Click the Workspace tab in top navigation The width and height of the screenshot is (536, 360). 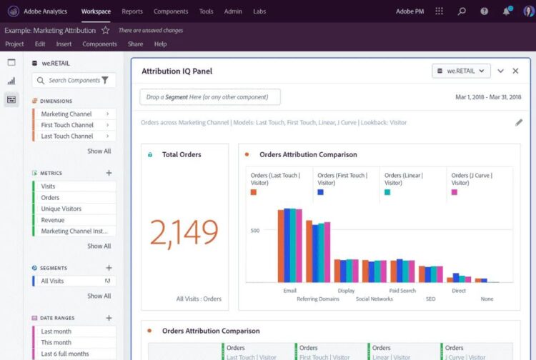(x=96, y=11)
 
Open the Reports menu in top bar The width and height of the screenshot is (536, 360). (x=131, y=11)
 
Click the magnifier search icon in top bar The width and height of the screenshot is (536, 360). (x=462, y=11)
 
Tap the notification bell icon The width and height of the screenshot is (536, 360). (x=506, y=11)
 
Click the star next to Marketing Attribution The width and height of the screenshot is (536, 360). (x=106, y=31)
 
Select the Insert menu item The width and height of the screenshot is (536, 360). (x=64, y=44)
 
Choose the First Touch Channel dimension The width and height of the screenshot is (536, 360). (x=67, y=125)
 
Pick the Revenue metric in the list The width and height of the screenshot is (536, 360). (x=53, y=220)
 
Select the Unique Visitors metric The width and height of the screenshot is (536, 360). (x=61, y=209)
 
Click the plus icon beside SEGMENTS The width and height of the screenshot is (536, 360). (x=109, y=268)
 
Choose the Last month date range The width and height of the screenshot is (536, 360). (x=56, y=331)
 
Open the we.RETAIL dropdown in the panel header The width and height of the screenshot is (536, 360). (x=462, y=71)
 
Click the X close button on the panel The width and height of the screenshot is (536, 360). (x=515, y=71)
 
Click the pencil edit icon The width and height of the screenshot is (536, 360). (x=519, y=122)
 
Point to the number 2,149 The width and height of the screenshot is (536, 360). (x=184, y=231)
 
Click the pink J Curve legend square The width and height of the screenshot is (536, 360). (x=455, y=192)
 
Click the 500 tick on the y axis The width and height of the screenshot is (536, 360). (x=254, y=230)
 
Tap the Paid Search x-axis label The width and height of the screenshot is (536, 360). (x=402, y=291)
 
